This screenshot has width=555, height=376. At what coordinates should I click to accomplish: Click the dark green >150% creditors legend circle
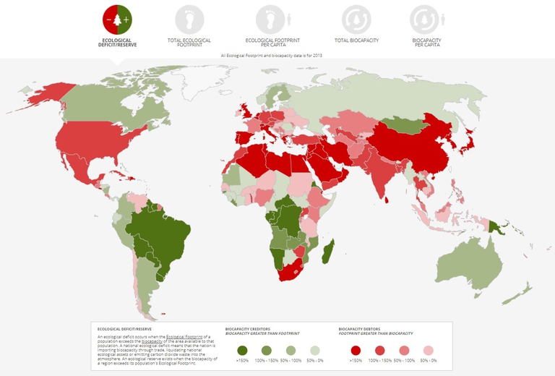pyautogui.click(x=244, y=350)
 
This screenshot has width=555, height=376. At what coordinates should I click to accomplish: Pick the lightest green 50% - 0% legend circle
pyautogui.click(x=314, y=350)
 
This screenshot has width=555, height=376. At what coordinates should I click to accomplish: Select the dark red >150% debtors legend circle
pyautogui.click(x=356, y=350)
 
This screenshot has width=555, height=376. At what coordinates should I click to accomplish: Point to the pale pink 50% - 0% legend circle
pyautogui.click(x=429, y=350)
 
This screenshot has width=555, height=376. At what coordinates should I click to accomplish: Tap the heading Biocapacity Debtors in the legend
pyautogui.click(x=362, y=328)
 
